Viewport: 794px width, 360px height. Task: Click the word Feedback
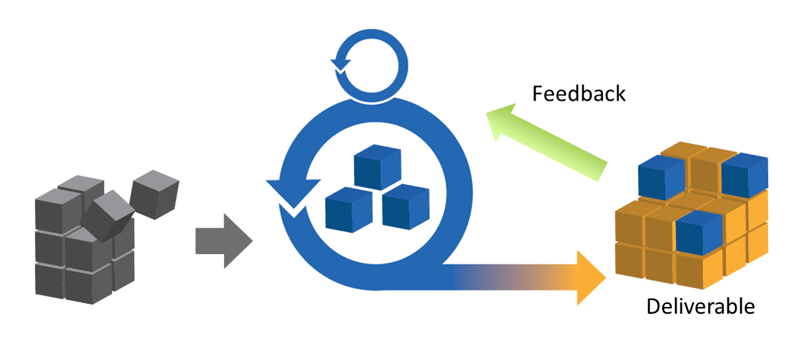point(579,94)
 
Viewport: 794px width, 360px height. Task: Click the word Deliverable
point(700,307)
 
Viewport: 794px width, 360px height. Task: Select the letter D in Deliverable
point(653,307)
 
